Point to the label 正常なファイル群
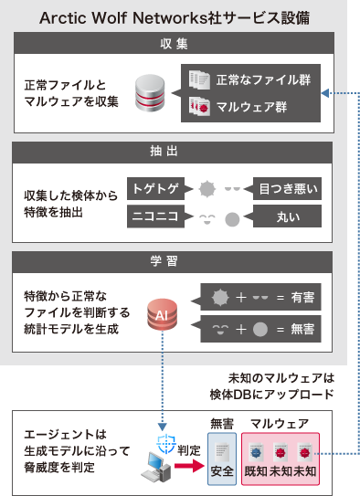(261, 80)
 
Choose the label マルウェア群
(251, 107)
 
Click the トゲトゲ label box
(157, 190)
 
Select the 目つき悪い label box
(287, 190)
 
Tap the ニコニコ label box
(157, 216)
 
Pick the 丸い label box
(287, 216)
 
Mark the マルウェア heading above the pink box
(279, 424)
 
